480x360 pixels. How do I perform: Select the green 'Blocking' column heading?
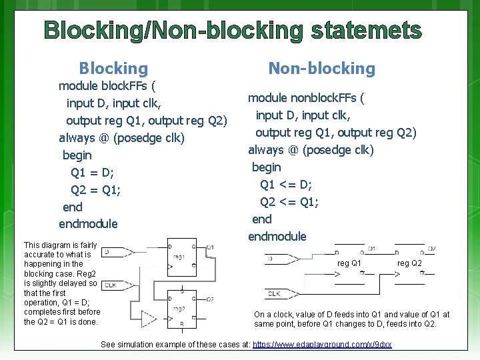tap(113, 68)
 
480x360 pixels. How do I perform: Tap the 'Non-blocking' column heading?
tap(321, 68)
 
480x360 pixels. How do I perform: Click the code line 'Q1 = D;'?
tap(93, 172)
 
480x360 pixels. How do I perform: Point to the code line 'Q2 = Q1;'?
tap(96, 189)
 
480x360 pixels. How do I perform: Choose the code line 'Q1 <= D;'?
tap(286, 184)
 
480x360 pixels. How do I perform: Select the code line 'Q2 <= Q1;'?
tap(289, 201)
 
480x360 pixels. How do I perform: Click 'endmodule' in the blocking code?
tap(88, 224)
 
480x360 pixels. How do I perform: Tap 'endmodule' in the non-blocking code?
tap(277, 236)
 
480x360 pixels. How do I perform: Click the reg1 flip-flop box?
tap(182, 256)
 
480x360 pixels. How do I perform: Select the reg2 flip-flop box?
tap(182, 309)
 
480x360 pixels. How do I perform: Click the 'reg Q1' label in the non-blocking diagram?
tap(349, 263)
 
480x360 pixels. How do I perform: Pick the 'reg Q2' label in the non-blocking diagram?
tap(409, 263)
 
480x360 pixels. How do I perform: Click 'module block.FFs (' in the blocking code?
tap(107, 85)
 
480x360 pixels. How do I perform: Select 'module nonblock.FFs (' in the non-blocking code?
tap(306, 98)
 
